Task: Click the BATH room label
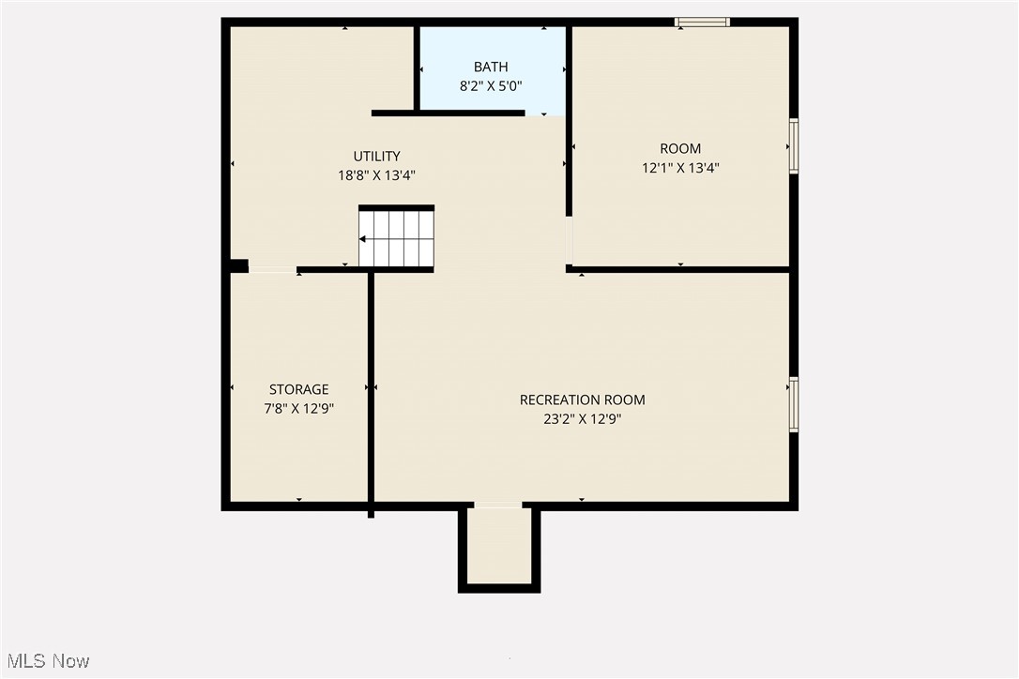click(491, 67)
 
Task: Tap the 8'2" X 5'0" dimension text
click(491, 86)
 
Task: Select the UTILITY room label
click(376, 157)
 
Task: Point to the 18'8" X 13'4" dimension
click(376, 175)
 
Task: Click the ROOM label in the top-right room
click(680, 148)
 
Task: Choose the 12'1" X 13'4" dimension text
click(680, 168)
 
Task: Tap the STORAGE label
click(299, 389)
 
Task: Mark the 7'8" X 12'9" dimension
click(299, 409)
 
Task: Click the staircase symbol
click(397, 239)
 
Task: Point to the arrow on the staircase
click(364, 239)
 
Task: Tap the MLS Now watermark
click(45, 661)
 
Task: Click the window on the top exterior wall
click(702, 22)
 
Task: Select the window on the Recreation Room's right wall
click(794, 404)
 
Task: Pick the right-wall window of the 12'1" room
click(794, 145)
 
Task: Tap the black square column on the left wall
click(238, 266)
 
